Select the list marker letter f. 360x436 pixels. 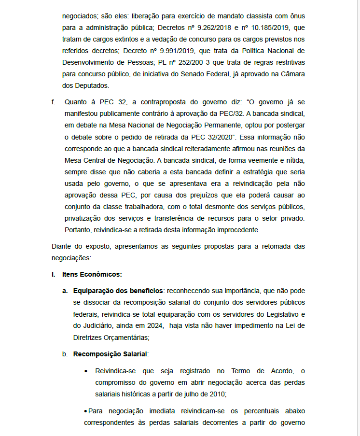[53, 102]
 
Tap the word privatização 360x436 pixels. [83, 218]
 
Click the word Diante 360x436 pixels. [61, 247]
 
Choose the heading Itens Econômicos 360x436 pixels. [92, 275]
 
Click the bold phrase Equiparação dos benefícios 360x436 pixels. [118, 291]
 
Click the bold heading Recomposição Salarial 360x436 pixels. [110, 354]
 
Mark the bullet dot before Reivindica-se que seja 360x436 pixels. [86, 371]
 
